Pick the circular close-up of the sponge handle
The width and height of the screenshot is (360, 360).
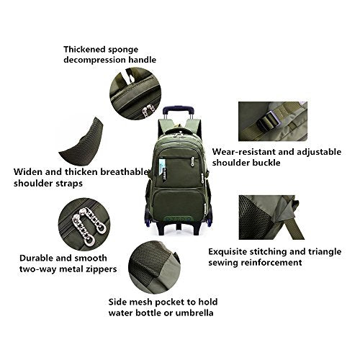[x=135, y=94]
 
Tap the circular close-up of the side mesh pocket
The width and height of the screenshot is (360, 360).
[x=154, y=268]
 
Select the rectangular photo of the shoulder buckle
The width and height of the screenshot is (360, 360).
[x=273, y=121]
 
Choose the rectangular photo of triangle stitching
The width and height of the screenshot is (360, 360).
[x=271, y=217]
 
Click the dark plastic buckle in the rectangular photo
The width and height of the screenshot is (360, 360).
[x=269, y=121]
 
